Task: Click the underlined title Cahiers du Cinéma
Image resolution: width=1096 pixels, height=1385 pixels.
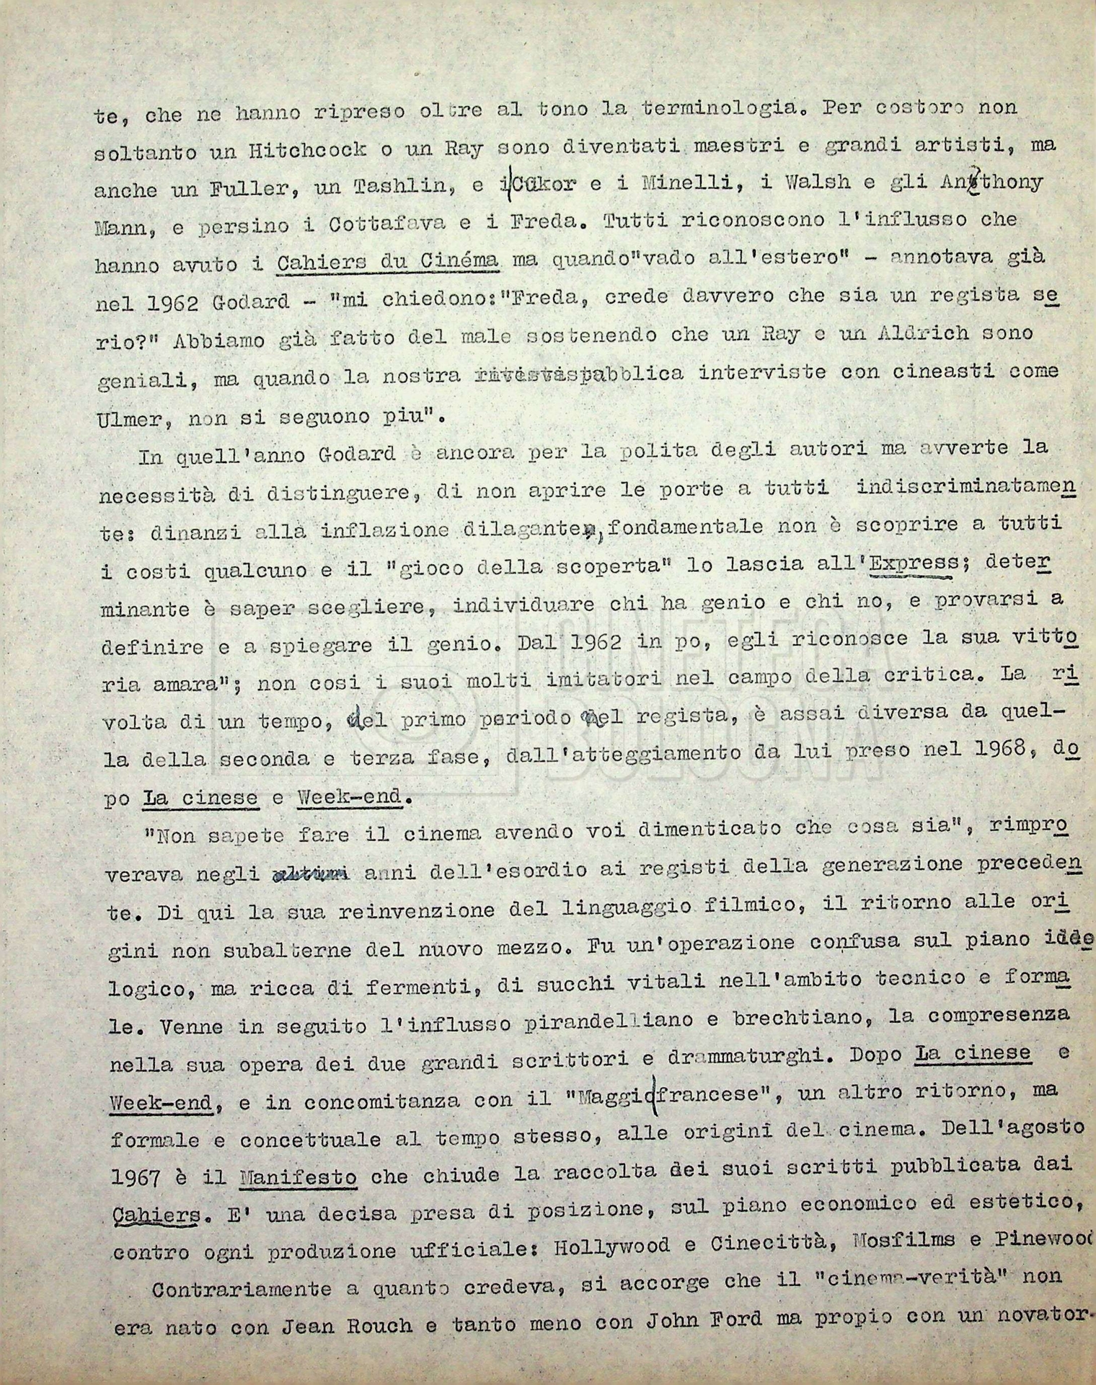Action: click(x=388, y=261)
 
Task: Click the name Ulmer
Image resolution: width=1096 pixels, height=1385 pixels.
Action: click(x=127, y=417)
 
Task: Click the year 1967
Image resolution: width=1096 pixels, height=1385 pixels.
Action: click(x=134, y=1179)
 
